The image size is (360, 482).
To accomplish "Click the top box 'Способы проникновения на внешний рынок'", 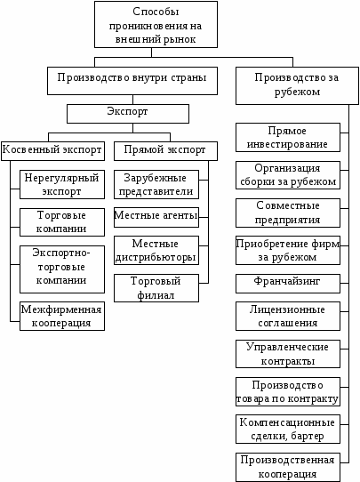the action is [156, 24].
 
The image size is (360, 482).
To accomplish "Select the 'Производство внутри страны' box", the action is [132, 81].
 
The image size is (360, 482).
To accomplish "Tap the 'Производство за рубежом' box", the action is [297, 85].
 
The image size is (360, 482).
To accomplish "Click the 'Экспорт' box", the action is [128, 114].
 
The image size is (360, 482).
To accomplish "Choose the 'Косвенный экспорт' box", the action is [52, 151].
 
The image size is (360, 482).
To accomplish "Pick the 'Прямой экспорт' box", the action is [165, 151].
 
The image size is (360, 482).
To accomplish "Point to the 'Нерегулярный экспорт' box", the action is [62, 184].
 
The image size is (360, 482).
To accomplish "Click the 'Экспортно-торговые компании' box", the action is [62, 269].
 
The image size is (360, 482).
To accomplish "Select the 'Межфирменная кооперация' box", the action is [62, 316].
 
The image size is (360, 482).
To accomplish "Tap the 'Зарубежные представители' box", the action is [156, 184].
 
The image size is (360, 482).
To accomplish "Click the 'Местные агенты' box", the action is [156, 217].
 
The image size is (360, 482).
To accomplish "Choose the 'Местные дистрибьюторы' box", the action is [156, 250].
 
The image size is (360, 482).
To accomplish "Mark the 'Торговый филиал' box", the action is [156, 288].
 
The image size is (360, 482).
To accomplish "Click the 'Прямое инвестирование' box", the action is [288, 138].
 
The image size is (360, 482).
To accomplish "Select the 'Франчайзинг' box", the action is [288, 284].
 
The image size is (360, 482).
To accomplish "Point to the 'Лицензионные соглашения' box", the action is [288, 316].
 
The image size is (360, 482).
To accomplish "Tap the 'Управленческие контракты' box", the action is [288, 354].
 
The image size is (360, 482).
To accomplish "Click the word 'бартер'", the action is [308, 436].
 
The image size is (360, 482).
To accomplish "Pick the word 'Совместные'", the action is [288, 205].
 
